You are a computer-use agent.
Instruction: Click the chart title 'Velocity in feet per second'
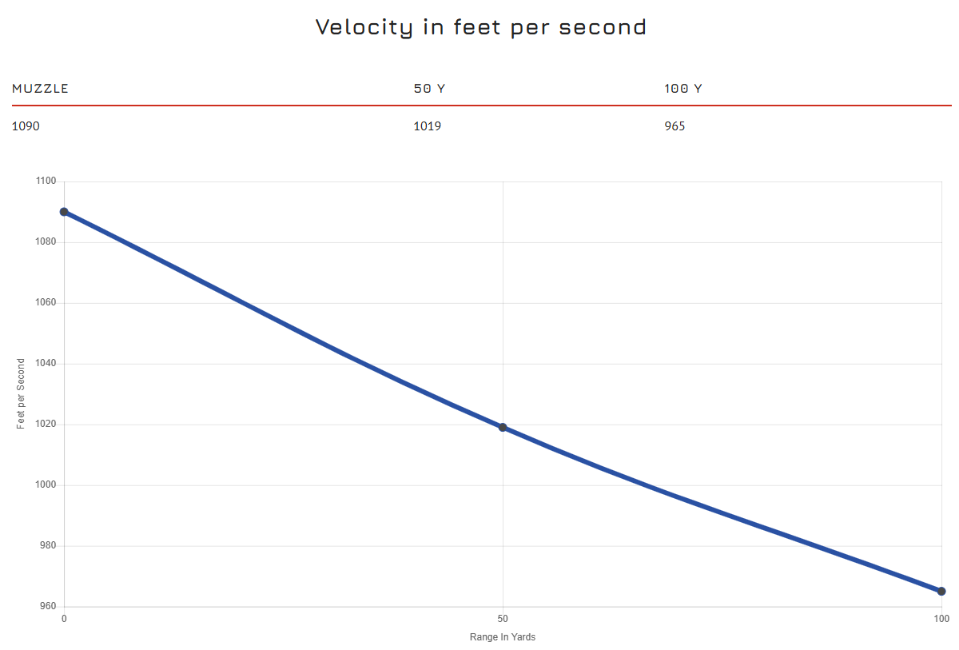[480, 27]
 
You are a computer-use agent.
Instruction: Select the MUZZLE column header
[40, 89]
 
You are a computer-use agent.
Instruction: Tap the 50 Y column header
[429, 89]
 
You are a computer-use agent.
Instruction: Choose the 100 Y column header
[682, 89]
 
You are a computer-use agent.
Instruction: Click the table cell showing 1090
[26, 126]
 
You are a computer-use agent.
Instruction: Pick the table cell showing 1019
[427, 126]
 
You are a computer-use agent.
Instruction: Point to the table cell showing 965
[674, 126]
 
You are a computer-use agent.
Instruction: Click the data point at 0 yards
[64, 212]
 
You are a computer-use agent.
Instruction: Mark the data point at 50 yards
[503, 427]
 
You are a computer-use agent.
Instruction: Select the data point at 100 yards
[941, 592]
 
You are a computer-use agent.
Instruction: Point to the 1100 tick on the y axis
[46, 181]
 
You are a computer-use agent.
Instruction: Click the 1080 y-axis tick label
[46, 242]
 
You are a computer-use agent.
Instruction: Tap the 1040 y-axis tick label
[46, 364]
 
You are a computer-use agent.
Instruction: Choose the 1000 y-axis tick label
[46, 485]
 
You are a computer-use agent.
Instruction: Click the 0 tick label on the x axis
[64, 619]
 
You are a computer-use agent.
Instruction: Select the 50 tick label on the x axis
[503, 619]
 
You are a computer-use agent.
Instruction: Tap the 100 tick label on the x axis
[941, 619]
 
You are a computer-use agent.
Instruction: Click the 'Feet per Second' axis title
[21, 393]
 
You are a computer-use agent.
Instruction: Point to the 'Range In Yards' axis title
[503, 637]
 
